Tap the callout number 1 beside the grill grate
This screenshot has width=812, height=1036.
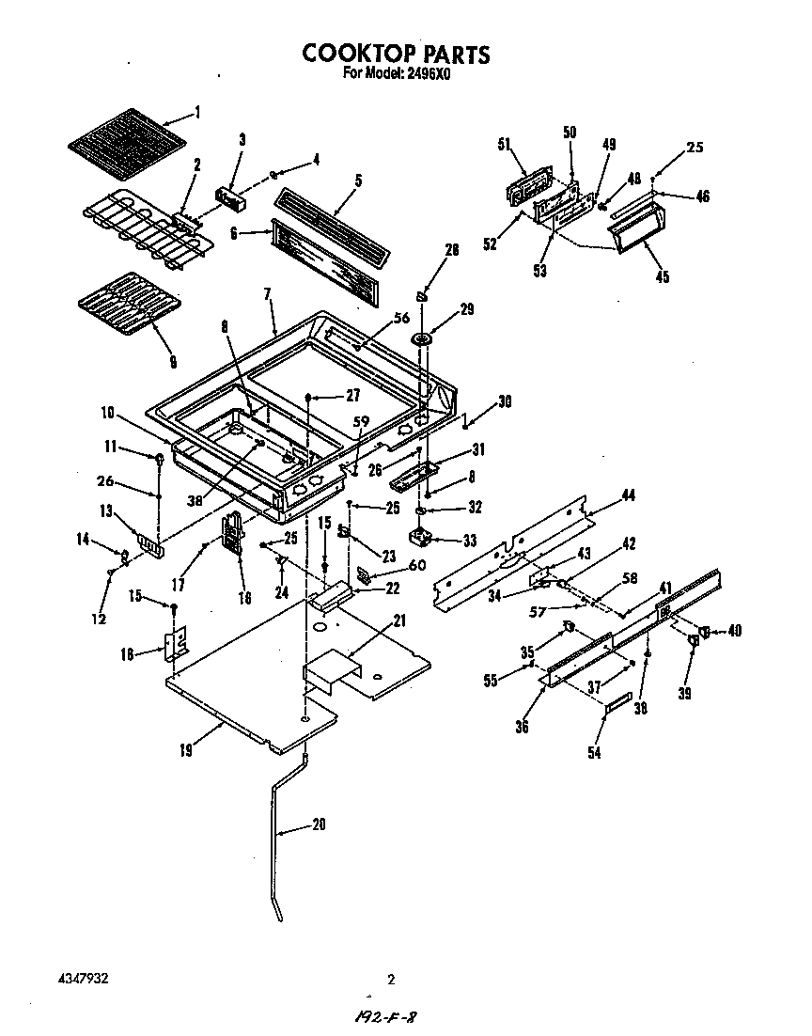click(x=197, y=113)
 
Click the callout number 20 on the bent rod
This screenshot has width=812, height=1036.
click(x=319, y=825)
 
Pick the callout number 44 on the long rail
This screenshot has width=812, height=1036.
click(x=628, y=494)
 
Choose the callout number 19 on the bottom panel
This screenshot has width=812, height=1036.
click(x=188, y=750)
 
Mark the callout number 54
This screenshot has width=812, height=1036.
click(x=594, y=751)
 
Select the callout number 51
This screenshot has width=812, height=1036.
click(x=504, y=144)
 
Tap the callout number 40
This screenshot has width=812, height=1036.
click(x=734, y=631)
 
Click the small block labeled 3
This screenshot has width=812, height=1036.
click(x=230, y=197)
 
